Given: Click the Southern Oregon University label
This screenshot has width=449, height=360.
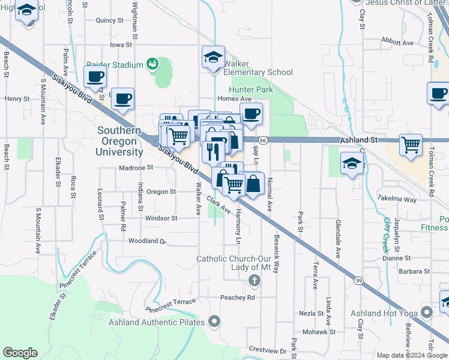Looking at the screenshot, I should pyautogui.click(x=120, y=141).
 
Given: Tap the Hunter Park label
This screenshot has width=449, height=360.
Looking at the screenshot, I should pyautogui.click(x=252, y=89).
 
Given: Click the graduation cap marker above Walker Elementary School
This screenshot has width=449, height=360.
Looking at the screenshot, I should pyautogui.click(x=213, y=58).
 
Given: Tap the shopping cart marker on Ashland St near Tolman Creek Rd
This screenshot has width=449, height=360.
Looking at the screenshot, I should pyautogui.click(x=411, y=145).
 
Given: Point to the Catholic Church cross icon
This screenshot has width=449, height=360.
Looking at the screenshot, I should pyautogui.click(x=255, y=280).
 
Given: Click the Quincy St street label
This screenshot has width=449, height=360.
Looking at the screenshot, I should pyautogui.click(x=109, y=20).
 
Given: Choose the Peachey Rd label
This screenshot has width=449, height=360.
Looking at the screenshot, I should pyautogui.click(x=238, y=297).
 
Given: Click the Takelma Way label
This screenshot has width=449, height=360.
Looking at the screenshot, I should pyautogui.click(x=397, y=199).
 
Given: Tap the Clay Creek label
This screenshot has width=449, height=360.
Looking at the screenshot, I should pyautogui.click(x=386, y=233).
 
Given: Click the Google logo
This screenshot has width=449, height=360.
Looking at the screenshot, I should pyautogui.click(x=20, y=353).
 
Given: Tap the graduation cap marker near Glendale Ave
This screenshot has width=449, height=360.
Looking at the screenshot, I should pyautogui.click(x=352, y=163).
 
